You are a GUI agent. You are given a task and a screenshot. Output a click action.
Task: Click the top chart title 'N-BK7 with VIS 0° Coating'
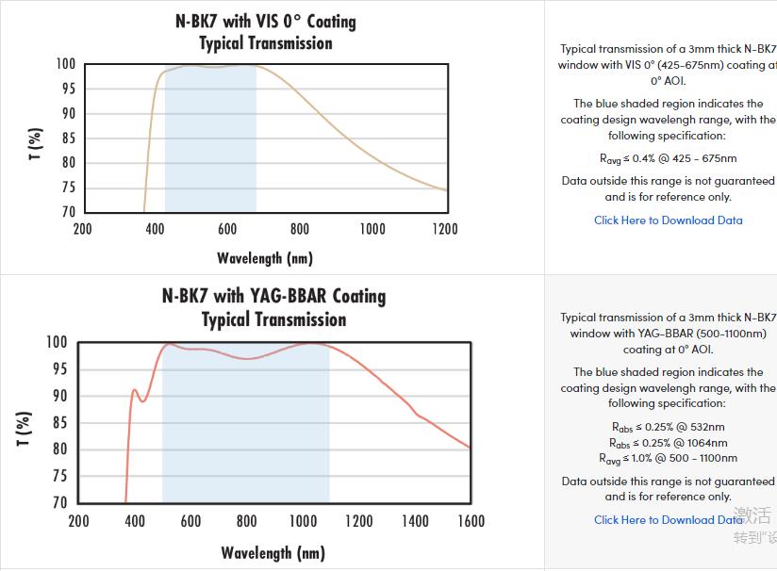coord(266,21)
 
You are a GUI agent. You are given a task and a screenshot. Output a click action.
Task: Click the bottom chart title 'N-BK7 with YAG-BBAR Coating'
coord(273,296)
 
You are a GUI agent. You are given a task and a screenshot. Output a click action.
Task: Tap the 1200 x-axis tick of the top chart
coord(445,229)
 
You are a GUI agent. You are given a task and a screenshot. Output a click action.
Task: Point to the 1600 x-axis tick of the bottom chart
coord(470,521)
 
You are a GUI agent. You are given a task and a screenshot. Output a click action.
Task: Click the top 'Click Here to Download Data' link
coord(668,220)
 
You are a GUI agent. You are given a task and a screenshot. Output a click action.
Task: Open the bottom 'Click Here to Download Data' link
coord(668,520)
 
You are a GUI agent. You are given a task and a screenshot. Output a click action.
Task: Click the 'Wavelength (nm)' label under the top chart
coord(265,258)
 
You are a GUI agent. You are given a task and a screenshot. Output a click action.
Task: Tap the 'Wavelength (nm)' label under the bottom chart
coord(273,553)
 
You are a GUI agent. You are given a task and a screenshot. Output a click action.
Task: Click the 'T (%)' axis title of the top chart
coord(35,143)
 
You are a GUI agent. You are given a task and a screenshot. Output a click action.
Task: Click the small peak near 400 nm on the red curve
coord(134,389)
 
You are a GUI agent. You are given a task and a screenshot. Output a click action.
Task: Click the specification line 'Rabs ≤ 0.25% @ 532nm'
coord(668,427)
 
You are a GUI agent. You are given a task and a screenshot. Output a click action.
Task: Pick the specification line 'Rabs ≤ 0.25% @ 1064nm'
coord(668,443)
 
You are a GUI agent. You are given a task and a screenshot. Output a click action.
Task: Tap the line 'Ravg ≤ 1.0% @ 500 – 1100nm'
coord(668,459)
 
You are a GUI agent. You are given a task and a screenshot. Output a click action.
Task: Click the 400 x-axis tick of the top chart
coord(155,229)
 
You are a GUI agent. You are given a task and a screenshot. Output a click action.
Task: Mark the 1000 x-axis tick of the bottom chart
coord(303,521)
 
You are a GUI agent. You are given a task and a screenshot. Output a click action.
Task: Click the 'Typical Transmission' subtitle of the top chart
coord(266,43)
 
